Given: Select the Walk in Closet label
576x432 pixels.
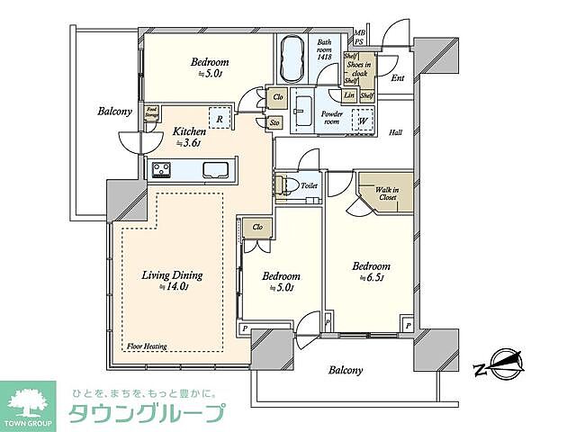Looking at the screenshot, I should point(387,193).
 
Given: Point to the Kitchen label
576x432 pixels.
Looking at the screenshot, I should point(190,130).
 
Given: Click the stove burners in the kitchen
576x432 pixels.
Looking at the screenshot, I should point(163,169).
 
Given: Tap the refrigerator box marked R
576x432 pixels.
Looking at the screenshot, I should point(219,116).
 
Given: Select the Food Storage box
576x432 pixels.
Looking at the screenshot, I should point(152,112).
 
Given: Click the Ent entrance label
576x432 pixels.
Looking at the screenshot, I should point(397,77).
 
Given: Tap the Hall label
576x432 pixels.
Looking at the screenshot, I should point(395,132).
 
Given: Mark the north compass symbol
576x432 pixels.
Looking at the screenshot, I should point(498,365).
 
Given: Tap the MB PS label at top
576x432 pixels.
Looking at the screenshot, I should point(359,36).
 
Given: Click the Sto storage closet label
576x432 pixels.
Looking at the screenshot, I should point(274,123).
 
